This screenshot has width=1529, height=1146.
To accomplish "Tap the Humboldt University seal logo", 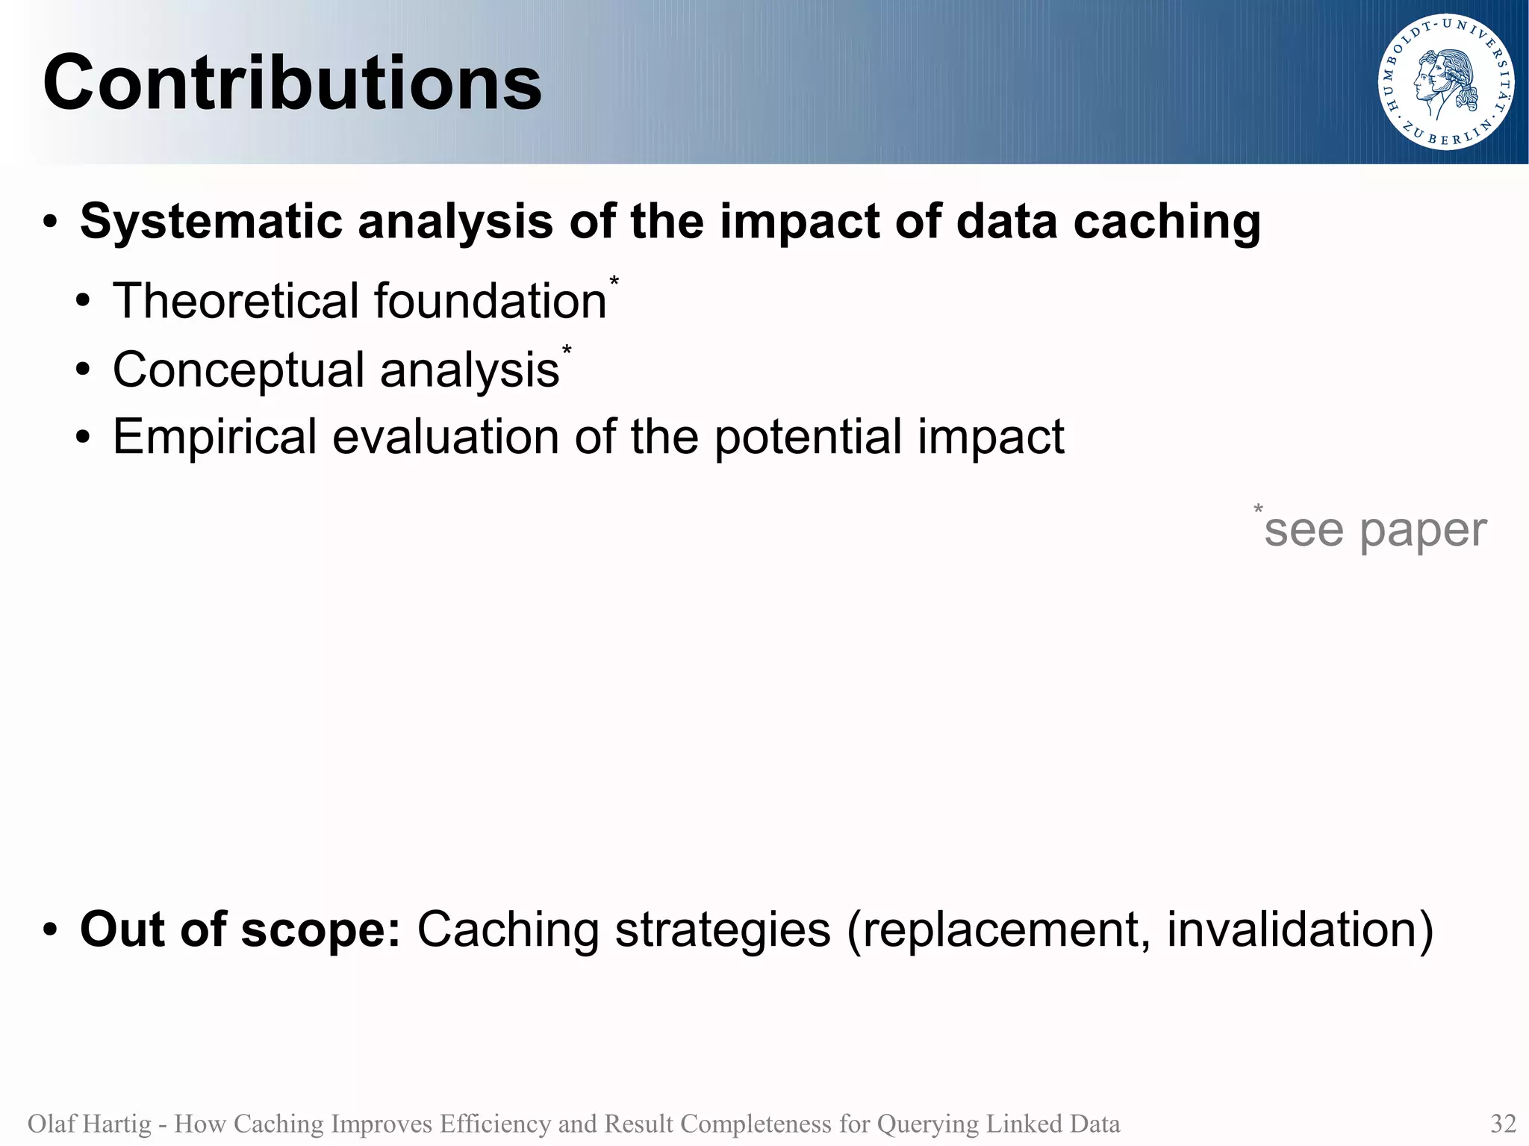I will click(1445, 82).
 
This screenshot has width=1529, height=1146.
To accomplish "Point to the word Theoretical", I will click(236, 301).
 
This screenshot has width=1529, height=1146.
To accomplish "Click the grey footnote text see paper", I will click(1374, 530).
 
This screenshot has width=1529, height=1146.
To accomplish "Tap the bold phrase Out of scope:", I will click(240, 929).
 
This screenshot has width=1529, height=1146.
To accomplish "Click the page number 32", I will click(1503, 1124).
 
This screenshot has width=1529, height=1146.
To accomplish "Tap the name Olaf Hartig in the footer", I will click(89, 1124).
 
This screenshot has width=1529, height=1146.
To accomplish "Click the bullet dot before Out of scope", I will click(50, 931).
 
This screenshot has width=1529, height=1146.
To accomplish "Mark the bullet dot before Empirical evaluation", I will click(83, 438).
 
